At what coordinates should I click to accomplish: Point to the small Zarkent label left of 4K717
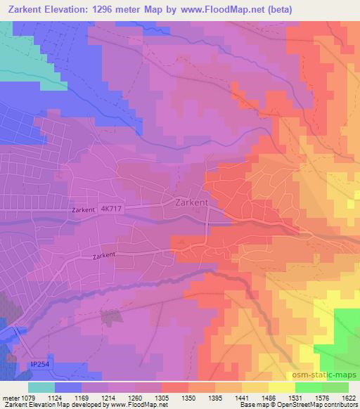pos(82,210)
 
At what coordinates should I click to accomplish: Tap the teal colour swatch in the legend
pos(41,387)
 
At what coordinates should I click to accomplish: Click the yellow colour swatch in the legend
pos(281,387)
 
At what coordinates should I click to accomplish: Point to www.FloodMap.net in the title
pos(216,10)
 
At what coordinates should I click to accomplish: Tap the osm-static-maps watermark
pos(326,373)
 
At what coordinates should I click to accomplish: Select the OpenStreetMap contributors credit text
pos(319,405)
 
